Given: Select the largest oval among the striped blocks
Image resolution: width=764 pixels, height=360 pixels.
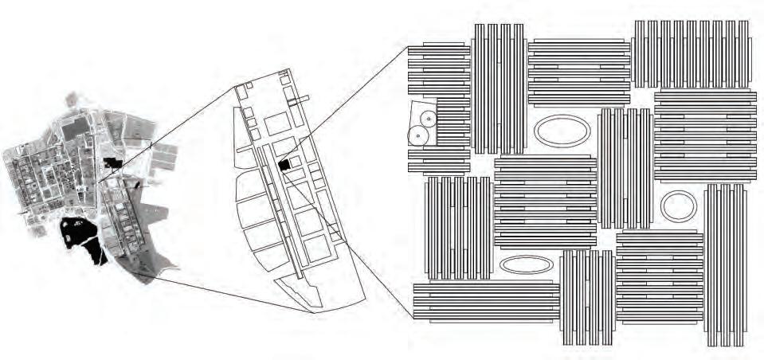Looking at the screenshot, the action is coord(562,131).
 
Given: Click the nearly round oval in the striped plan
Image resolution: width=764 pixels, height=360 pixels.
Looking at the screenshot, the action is coord(679,206).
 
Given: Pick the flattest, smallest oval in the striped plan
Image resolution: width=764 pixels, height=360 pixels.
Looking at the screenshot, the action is coord(526,265).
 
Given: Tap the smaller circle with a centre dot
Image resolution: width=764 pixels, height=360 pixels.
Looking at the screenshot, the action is coord(429,119).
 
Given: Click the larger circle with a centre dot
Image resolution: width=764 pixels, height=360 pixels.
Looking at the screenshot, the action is coord(417,135).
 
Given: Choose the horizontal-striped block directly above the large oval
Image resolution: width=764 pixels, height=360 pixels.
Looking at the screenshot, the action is coord(579,72).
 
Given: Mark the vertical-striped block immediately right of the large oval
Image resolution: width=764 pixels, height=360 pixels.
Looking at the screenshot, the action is coord(625,168).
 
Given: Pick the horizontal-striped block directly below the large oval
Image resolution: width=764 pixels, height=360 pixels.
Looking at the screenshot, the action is coord(545,202).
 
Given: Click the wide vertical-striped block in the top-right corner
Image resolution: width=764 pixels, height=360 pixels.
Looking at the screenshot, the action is coord(691,54).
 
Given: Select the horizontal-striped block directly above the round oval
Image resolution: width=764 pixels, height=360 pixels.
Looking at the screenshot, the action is coord(705,136).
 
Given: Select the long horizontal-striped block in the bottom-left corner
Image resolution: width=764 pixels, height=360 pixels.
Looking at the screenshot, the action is coord(486,303).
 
